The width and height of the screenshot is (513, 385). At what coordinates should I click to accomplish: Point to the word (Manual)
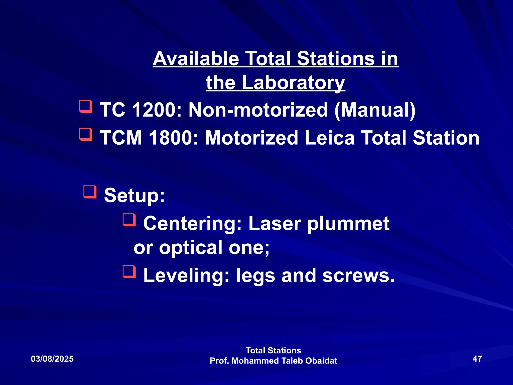pyautogui.click(x=375, y=110)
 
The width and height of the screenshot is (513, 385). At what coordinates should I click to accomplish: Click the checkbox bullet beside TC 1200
pyautogui.click(x=86, y=106)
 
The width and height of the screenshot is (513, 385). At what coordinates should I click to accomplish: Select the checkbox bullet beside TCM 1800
pyautogui.click(x=86, y=134)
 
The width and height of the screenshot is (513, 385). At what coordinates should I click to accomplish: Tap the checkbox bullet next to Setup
pyautogui.click(x=90, y=192)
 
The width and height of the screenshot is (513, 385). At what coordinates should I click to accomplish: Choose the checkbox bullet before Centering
pyautogui.click(x=129, y=220)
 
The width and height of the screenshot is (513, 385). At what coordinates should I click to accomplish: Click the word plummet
pyautogui.click(x=348, y=224)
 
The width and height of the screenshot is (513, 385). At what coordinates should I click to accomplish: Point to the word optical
pyautogui.click(x=191, y=248)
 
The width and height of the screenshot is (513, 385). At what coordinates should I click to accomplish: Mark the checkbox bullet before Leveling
pyautogui.click(x=129, y=272)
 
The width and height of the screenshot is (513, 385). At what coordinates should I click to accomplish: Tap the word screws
pyautogui.click(x=358, y=275)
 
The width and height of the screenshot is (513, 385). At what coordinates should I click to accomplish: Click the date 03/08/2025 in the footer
pyautogui.click(x=52, y=359)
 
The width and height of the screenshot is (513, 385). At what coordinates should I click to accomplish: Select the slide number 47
pyautogui.click(x=477, y=359)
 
